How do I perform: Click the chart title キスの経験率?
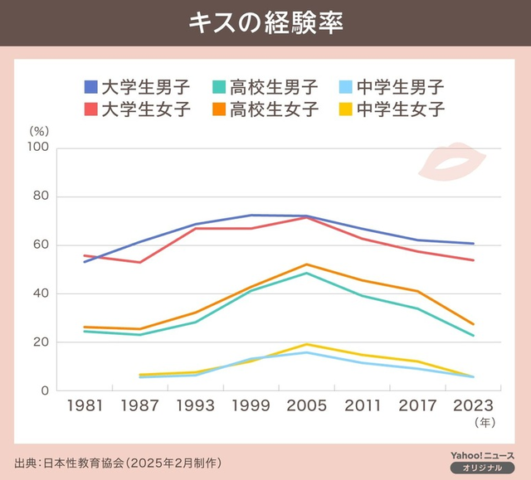click(x=265, y=22)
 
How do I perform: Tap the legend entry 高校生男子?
click(x=265, y=86)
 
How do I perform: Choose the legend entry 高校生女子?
click(x=265, y=109)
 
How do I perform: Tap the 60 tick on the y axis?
click(x=42, y=245)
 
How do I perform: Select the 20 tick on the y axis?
click(x=42, y=342)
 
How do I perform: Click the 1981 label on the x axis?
click(x=84, y=406)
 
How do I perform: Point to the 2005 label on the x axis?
click(x=306, y=406)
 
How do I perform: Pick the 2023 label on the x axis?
click(x=473, y=406)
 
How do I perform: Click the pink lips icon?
click(x=451, y=160)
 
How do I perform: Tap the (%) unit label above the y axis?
click(x=39, y=130)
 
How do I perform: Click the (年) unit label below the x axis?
click(x=483, y=422)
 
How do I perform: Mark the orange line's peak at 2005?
click(x=306, y=264)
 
